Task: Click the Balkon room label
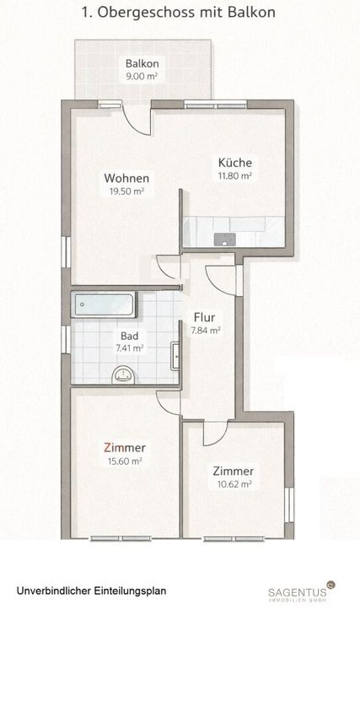[x=142, y=63]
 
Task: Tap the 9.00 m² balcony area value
[x=142, y=77]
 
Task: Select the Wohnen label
[x=126, y=178]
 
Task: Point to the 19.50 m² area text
[x=126, y=191]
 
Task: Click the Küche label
[x=235, y=162]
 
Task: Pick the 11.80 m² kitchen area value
[x=235, y=175]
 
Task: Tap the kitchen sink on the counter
[x=225, y=240]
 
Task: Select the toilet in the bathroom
[x=123, y=375]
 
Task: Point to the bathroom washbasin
[x=175, y=356]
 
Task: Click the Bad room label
[x=130, y=336]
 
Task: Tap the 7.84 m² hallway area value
[x=205, y=331]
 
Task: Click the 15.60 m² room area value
[x=124, y=461]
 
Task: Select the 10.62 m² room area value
[x=233, y=484]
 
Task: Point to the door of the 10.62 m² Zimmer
[x=215, y=434]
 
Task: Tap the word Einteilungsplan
[x=132, y=590]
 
